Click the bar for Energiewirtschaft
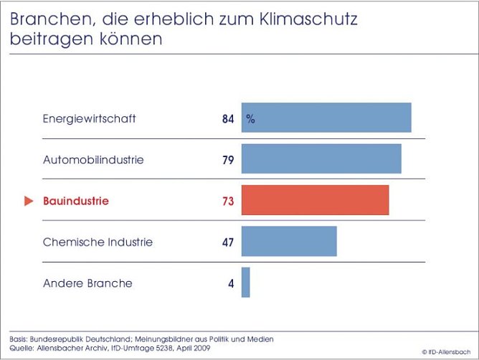326,118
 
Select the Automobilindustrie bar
321,159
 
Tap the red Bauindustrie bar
315,200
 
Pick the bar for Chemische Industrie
289,242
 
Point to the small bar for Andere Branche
245,283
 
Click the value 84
228,119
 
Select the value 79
228,160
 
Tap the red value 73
228,202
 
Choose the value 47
228,242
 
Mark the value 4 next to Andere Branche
231,283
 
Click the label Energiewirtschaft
89,119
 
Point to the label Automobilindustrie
93,160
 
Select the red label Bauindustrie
76,202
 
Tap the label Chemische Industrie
98,242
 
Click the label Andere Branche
87,283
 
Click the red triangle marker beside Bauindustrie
29,202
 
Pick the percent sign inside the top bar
250,119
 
